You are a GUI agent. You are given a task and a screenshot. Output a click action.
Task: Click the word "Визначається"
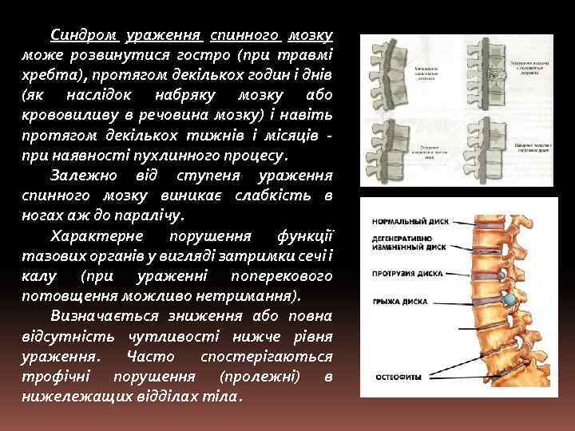[x=100, y=316]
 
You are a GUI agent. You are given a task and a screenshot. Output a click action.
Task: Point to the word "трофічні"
[x=57, y=376]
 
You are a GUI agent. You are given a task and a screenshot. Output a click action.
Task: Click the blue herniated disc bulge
[x=508, y=300]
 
